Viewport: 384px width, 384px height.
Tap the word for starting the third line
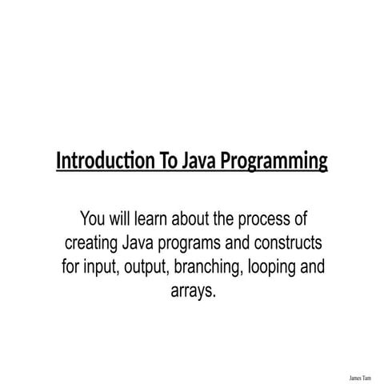(71, 266)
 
